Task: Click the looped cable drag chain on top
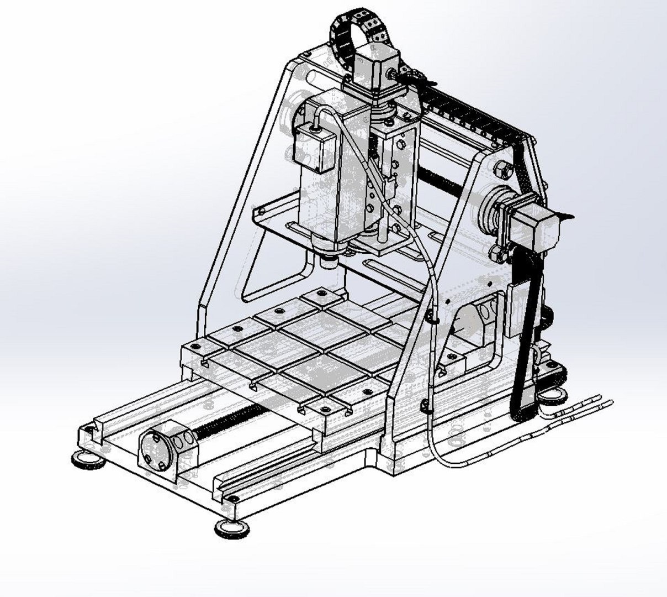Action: pos(359,25)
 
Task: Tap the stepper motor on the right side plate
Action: pos(538,227)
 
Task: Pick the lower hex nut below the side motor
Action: pos(497,253)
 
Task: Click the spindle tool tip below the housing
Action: pos(330,260)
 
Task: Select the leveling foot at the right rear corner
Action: pos(552,394)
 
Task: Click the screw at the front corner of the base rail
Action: pos(234,499)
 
